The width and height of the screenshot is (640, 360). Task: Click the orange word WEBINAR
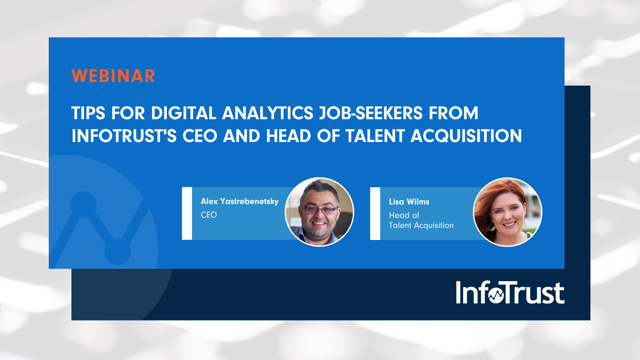[113, 76]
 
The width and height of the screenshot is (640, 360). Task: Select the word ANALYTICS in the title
[268, 113]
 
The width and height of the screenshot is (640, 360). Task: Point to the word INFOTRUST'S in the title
[124, 136]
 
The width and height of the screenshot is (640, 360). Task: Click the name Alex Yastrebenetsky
[240, 202]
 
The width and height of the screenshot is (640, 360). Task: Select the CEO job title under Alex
[209, 215]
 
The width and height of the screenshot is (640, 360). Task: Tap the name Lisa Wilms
[409, 202]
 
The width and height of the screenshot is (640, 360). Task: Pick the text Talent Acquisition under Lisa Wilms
[421, 226]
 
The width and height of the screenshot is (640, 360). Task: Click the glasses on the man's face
[319, 210]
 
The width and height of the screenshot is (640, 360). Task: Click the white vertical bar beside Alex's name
[187, 214]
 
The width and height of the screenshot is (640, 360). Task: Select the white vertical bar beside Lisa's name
[375, 214]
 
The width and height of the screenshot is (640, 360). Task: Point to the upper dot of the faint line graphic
[83, 204]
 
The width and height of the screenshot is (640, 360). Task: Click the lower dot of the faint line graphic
[117, 252]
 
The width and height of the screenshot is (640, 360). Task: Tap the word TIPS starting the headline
[88, 113]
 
